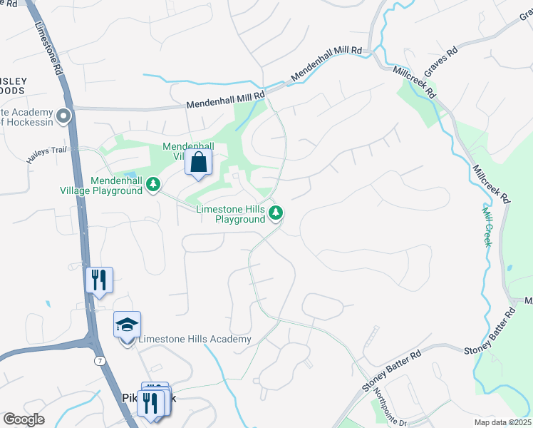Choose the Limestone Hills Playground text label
coord(230,214)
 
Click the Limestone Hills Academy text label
coord(195,339)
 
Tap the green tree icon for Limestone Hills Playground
coord(276,213)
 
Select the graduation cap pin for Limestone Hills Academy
coord(127,325)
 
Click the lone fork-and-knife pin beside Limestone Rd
coord(99,280)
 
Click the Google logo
coord(24,419)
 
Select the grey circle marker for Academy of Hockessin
coord(63,115)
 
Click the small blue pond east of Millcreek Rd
coord(509,269)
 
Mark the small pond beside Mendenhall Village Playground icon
coord(130,174)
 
